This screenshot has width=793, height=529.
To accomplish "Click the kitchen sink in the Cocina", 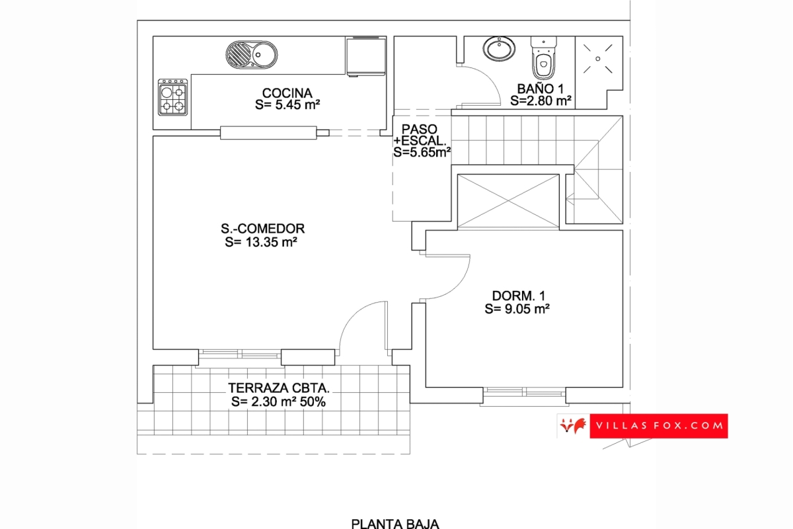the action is click(x=252, y=55).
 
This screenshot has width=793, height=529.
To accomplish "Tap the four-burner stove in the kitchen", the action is click(x=172, y=97).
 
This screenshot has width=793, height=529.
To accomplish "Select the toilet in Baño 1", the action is click(x=543, y=58).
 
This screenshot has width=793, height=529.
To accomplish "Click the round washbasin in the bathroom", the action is click(x=499, y=48).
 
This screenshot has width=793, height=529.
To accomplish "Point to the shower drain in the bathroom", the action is click(x=598, y=59).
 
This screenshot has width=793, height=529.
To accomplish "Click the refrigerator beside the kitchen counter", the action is click(x=366, y=56).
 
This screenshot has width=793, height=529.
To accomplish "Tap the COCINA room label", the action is click(x=287, y=93).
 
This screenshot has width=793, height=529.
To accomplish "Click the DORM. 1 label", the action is click(x=519, y=296).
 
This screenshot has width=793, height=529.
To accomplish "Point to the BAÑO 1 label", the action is click(x=541, y=89).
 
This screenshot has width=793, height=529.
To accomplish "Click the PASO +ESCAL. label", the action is click(x=420, y=135).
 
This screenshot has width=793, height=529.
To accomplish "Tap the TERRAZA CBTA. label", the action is click(x=279, y=388).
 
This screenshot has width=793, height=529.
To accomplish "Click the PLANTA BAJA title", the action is click(x=395, y=523).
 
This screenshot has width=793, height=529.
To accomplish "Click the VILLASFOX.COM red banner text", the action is click(x=660, y=426).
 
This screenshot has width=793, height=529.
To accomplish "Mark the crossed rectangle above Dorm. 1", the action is click(x=508, y=200).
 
